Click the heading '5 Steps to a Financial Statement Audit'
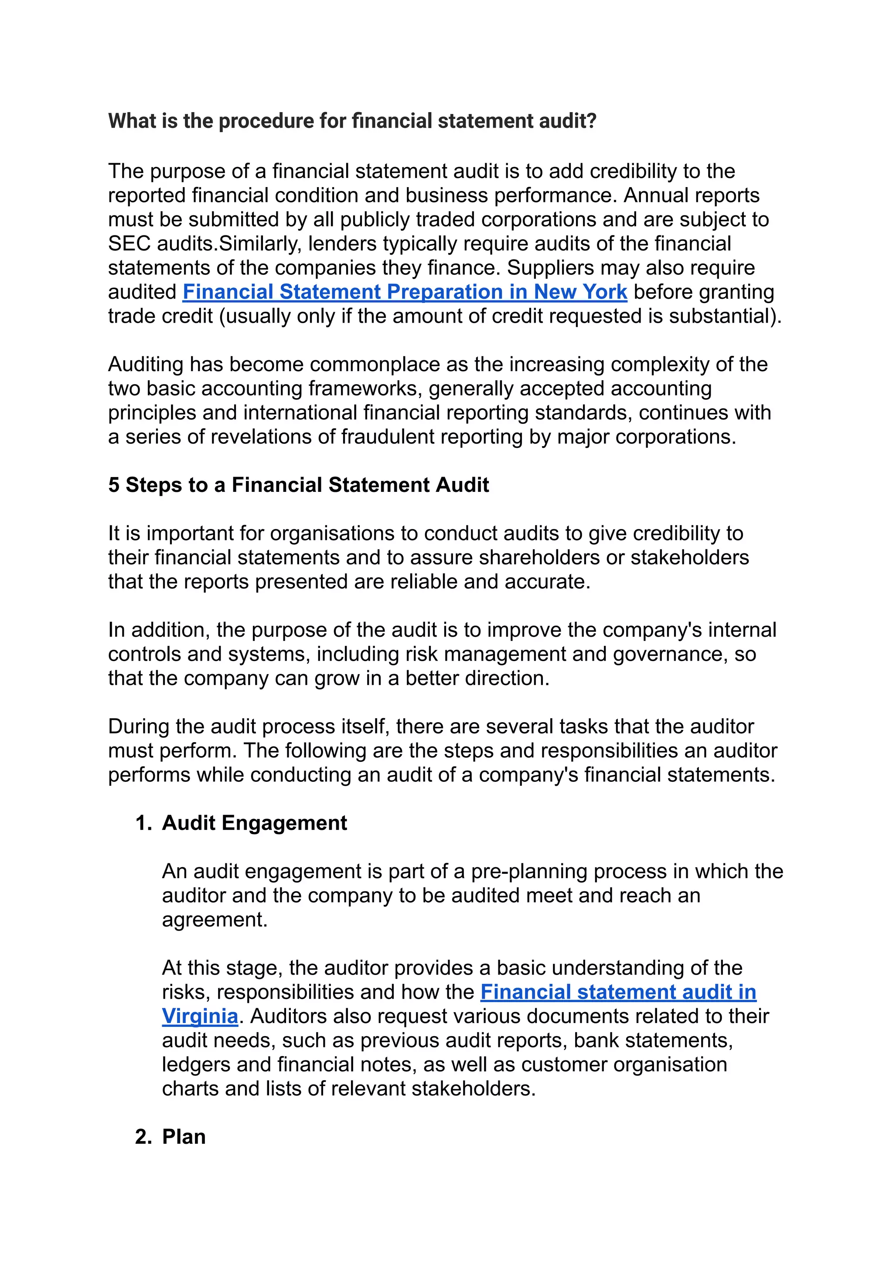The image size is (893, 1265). tap(298, 485)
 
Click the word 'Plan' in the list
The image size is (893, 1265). tap(184, 1137)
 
